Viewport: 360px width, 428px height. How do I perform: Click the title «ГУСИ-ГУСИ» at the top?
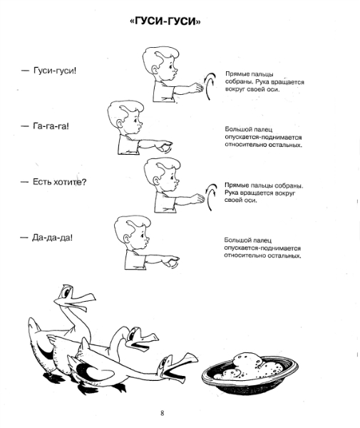pos(165,21)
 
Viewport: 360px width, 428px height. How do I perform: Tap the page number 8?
pos(163,413)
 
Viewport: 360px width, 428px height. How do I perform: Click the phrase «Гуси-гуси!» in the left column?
pos(55,71)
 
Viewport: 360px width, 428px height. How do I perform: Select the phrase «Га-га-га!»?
pos(51,126)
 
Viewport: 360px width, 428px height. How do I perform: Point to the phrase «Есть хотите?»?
pos(59,182)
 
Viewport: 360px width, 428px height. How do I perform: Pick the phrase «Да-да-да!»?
pos(52,238)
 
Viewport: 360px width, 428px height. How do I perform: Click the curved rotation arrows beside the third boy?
pos(210,197)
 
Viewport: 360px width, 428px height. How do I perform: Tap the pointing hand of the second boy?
pos(165,146)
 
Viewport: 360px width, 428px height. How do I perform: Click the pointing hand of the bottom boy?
pos(173,261)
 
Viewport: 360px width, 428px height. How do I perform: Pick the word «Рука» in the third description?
pos(232,193)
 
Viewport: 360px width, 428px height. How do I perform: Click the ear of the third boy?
pos(156,180)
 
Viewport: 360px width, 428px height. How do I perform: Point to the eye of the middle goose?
pos(133,334)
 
